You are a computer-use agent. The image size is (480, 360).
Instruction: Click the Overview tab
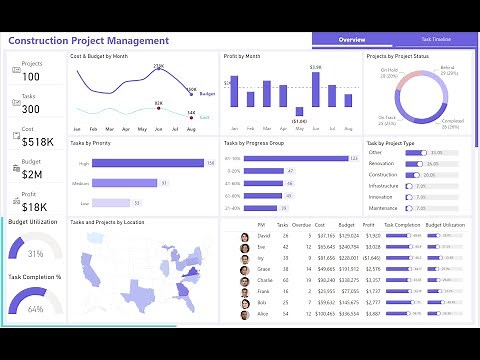(352, 40)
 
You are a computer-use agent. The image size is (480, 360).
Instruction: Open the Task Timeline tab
(435, 40)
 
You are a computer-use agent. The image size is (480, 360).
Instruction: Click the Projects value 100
(31, 77)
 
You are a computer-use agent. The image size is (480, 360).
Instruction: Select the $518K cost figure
(36, 143)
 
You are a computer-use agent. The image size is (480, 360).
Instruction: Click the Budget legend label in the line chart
(207, 93)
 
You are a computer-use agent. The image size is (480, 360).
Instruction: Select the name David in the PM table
(262, 236)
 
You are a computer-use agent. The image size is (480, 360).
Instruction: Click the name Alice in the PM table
(262, 314)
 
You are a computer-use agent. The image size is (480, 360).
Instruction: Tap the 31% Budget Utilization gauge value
(35, 253)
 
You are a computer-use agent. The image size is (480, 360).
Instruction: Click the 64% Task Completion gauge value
(35, 309)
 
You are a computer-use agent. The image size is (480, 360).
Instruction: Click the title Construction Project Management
(89, 40)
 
